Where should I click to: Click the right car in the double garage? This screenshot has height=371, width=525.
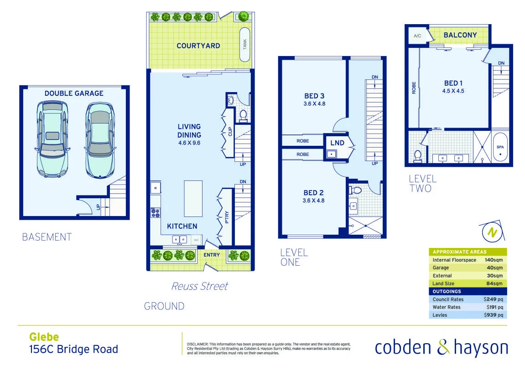click(100, 139)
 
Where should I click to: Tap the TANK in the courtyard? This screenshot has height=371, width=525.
click(245, 45)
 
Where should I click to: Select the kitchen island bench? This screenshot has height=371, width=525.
click(193, 198)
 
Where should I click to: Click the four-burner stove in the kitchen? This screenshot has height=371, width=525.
click(156, 212)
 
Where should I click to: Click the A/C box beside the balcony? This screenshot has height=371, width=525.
click(417, 36)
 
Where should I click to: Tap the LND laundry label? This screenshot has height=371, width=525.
click(337, 143)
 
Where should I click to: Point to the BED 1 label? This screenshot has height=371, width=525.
click(453, 83)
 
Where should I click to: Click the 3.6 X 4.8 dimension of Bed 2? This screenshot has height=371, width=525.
click(313, 201)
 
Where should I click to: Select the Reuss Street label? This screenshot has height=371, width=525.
click(199, 286)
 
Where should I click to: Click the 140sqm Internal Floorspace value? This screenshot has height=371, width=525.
click(494, 260)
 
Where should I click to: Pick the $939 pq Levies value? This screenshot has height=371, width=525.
click(494, 315)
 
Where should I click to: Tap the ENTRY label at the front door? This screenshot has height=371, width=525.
click(212, 255)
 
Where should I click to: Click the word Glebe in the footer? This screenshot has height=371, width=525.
click(44, 337)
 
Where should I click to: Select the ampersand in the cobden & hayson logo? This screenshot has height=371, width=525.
click(443, 347)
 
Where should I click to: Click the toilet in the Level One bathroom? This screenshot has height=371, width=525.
click(356, 189)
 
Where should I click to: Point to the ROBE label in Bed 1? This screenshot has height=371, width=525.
click(414, 88)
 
